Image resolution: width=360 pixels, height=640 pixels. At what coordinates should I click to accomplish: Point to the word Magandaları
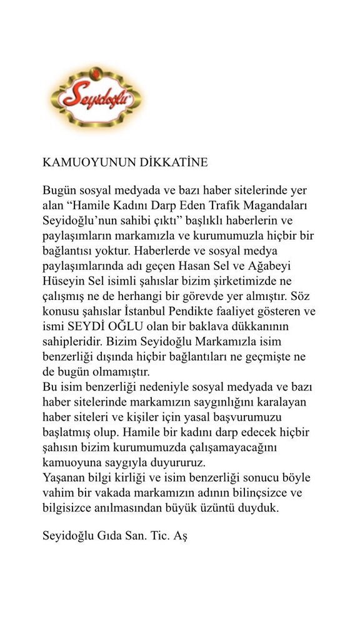pyautogui.click(x=277, y=204)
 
